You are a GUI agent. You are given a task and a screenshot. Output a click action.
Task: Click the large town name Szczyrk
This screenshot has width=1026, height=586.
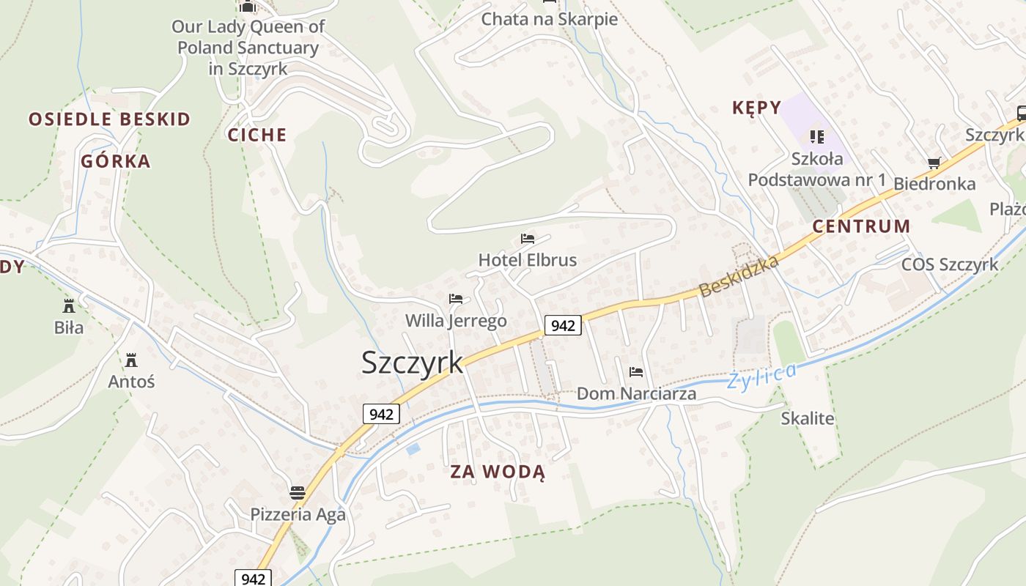(x=413, y=363)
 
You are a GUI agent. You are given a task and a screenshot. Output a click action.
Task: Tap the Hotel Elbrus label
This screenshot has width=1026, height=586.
(x=527, y=260)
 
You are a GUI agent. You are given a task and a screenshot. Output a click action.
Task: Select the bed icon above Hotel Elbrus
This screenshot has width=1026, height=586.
(x=528, y=239)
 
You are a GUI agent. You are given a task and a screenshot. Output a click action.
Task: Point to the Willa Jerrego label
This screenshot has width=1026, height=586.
(x=456, y=321)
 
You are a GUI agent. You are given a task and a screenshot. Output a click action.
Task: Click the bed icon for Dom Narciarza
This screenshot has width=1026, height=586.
(x=636, y=372)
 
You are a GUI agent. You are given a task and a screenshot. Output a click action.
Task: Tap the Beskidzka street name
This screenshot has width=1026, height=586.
(x=739, y=275)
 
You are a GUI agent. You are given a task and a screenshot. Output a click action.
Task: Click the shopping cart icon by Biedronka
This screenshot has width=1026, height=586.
(x=934, y=163)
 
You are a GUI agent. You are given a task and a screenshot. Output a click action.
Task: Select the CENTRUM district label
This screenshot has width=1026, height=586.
(x=861, y=226)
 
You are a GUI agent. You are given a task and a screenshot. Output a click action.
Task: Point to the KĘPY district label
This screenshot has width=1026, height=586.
(x=757, y=108)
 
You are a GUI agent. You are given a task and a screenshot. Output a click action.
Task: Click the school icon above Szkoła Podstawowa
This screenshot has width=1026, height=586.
(x=817, y=136)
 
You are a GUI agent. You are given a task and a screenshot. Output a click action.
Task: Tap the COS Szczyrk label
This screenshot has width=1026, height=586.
(x=950, y=264)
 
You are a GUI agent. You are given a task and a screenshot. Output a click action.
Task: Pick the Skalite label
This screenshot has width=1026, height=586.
(x=808, y=418)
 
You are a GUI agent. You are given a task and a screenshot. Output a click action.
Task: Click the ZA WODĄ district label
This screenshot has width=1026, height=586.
(x=498, y=472)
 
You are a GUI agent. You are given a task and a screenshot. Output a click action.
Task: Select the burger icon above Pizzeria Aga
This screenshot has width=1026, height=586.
(x=297, y=492)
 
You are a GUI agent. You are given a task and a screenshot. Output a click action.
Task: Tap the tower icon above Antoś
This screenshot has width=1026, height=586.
(x=131, y=360)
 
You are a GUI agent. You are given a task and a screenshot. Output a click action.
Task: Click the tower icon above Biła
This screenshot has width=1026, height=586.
(x=69, y=305)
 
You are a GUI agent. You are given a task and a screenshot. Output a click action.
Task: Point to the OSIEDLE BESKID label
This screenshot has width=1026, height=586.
(x=109, y=119)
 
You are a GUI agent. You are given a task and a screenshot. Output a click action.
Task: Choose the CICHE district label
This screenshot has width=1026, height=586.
(x=256, y=135)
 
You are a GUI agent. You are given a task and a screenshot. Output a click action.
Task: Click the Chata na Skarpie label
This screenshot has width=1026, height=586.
(x=549, y=19)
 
